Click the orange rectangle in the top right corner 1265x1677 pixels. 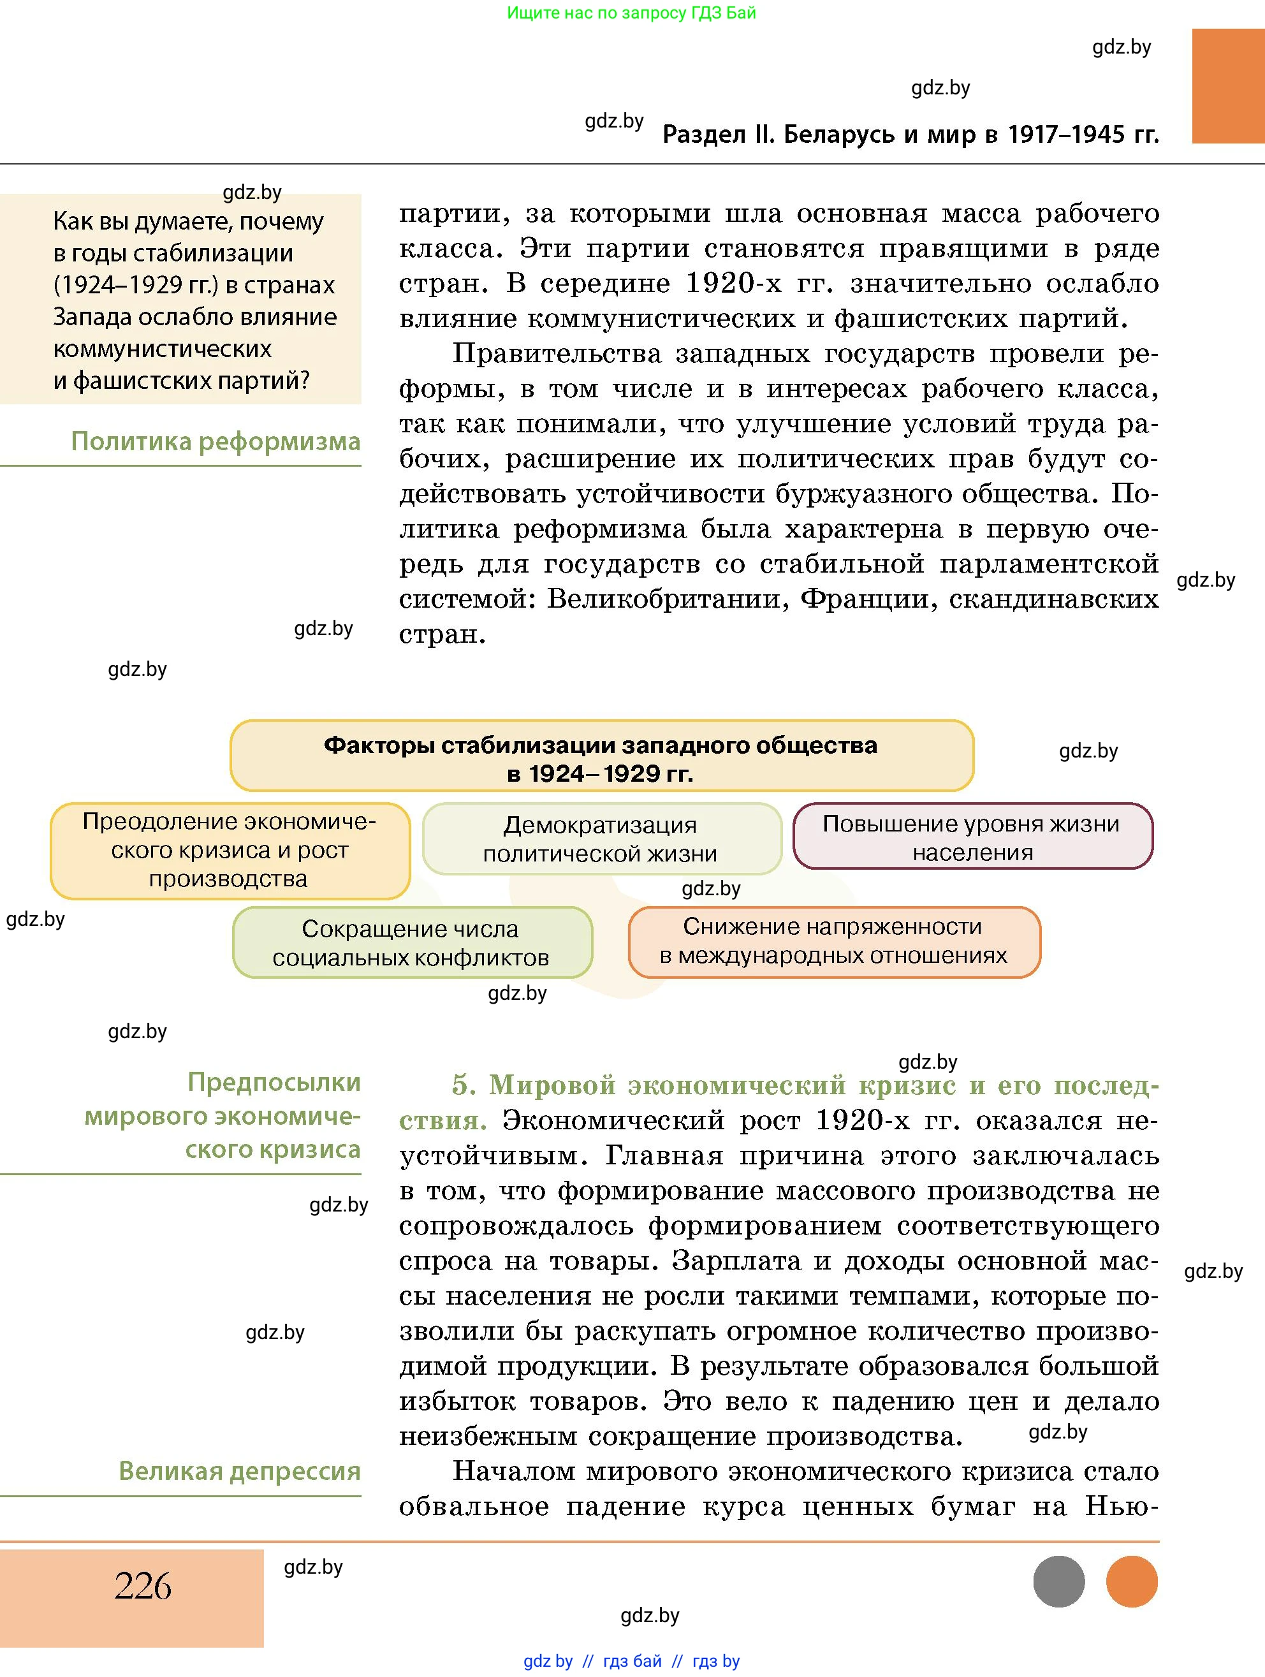pyautogui.click(x=1228, y=85)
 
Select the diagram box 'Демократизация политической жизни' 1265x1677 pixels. pyautogui.click(x=601, y=838)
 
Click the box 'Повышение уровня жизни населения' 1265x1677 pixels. pyautogui.click(x=972, y=837)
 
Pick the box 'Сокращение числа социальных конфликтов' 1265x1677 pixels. pyautogui.click(x=411, y=942)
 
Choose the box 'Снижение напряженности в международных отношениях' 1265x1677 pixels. pyautogui.click(x=834, y=941)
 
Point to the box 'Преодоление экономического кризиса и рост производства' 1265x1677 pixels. pyautogui.click(x=230, y=850)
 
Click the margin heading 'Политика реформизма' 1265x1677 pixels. pyautogui.click(x=216, y=441)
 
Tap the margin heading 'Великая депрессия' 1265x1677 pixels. pyautogui.click(x=240, y=1471)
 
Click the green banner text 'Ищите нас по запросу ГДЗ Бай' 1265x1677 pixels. pyautogui.click(x=631, y=13)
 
